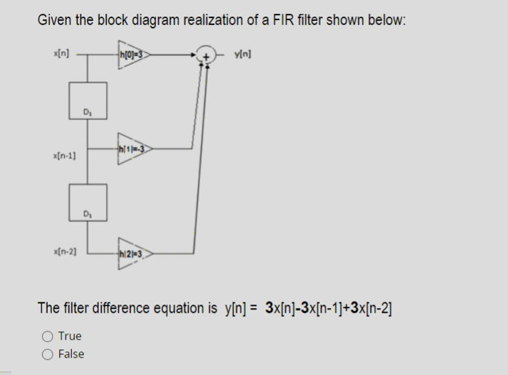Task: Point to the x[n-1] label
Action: [x=64, y=157]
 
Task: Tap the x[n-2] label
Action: [x=64, y=255]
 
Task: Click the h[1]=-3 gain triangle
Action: [x=134, y=147]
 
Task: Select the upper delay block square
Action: [x=88, y=99]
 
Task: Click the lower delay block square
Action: [x=88, y=202]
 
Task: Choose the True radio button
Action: [x=48, y=336]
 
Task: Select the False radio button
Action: [x=48, y=354]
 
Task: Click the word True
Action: [x=70, y=336]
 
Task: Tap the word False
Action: [x=72, y=354]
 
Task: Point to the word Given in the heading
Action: [x=56, y=19]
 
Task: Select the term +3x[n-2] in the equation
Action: [x=378, y=307]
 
